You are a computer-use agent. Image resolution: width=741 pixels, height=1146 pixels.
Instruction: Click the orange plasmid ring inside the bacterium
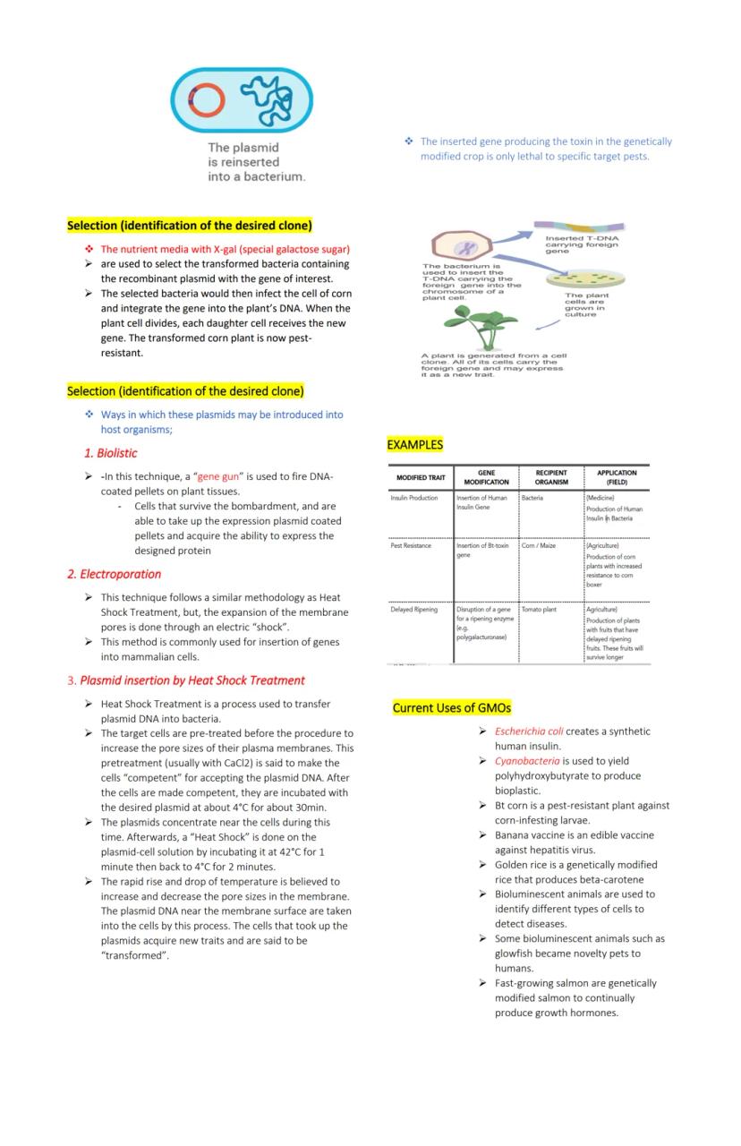coord(205,100)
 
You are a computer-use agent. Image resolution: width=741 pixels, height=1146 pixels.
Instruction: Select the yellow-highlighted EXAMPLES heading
coord(414,444)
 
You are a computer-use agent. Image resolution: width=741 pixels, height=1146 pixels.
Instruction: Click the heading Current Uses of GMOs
coord(452,708)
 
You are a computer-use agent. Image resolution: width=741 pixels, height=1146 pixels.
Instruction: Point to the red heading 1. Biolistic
coord(110,453)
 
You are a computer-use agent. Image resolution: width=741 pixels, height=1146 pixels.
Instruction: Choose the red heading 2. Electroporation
coord(115,574)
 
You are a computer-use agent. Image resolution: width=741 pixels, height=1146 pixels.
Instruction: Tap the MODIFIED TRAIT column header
coord(421,477)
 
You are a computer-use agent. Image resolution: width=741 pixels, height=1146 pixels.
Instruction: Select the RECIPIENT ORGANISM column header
coord(551,477)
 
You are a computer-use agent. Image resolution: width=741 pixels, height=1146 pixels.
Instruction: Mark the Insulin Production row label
coord(414,498)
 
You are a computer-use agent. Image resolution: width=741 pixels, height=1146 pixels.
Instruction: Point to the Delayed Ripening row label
coord(414,610)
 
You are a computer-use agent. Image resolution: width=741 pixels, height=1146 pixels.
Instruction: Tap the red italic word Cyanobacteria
coord(527,761)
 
